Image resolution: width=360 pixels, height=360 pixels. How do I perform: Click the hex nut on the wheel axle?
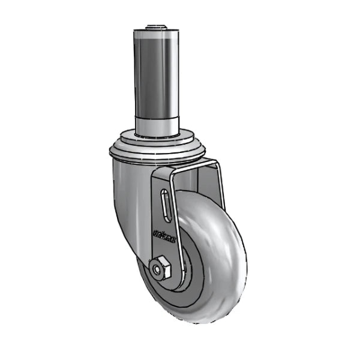tap(161, 268)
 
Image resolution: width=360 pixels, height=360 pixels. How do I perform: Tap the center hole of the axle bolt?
tap(160, 269)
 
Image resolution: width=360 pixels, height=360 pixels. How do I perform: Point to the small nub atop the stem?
tap(158, 26)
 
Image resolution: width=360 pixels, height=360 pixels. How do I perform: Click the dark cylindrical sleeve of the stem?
tap(157, 78)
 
